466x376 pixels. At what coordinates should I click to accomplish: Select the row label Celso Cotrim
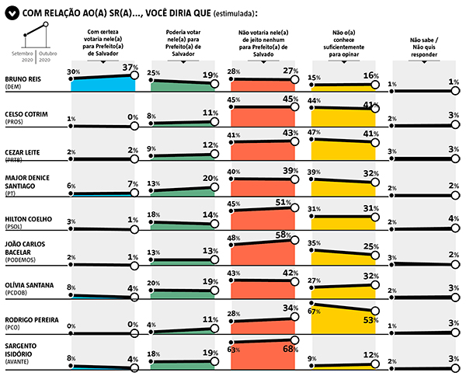point(26,113)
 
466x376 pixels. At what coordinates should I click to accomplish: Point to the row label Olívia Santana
point(29,285)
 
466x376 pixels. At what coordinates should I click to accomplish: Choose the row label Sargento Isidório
point(22,347)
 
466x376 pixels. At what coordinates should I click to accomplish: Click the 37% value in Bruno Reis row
point(129,68)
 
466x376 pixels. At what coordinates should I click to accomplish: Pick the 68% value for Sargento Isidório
point(289,349)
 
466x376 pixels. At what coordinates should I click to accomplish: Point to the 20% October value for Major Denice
point(209,178)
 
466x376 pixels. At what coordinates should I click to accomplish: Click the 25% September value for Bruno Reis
point(154,72)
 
